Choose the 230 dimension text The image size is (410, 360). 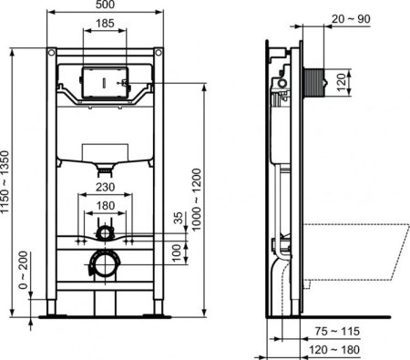point(106,190)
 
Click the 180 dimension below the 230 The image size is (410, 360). point(106,205)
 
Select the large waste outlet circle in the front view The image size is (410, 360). point(104,266)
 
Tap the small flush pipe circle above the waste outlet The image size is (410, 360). point(106,234)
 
